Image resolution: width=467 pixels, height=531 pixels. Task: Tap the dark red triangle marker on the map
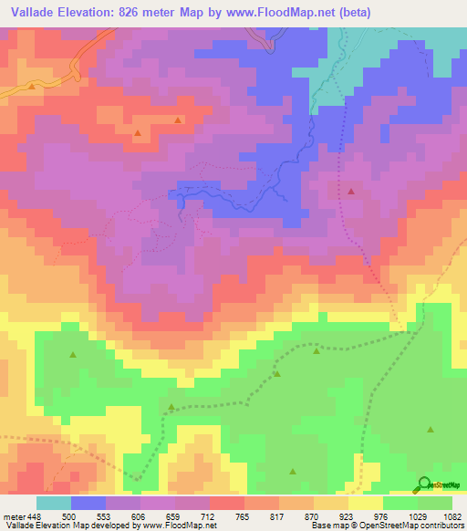point(351,192)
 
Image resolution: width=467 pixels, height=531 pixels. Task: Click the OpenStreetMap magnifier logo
point(424,484)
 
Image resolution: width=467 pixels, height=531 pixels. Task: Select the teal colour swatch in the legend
point(54,504)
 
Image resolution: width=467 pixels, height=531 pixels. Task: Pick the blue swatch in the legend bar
point(88,504)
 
